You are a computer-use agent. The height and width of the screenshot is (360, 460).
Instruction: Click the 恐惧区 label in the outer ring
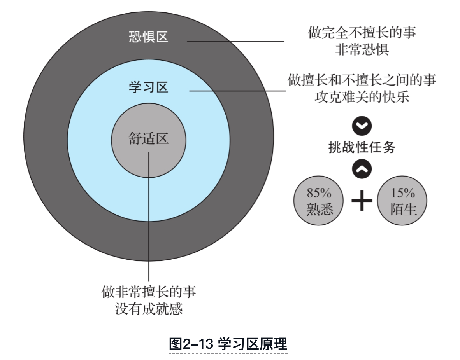[148, 37]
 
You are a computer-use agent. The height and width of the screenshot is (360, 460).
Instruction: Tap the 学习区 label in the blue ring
[148, 87]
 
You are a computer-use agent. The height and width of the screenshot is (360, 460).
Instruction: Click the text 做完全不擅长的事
[362, 33]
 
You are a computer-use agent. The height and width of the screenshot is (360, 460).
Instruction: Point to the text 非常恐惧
[362, 50]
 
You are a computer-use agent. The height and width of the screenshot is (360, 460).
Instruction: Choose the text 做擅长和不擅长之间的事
[362, 80]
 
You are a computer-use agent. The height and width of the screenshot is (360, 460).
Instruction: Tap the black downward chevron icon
[362, 126]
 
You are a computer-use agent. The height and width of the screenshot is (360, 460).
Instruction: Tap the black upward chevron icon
[362, 168]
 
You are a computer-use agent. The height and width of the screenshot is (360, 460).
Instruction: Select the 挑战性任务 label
[362, 147]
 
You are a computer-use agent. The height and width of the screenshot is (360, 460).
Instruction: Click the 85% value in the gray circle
[319, 192]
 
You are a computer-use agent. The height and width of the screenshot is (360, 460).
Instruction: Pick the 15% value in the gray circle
[402, 192]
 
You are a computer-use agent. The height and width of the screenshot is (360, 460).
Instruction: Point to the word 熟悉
[319, 210]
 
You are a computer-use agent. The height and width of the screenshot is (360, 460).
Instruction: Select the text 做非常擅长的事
[149, 292]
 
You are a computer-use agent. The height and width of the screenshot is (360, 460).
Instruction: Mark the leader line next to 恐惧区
[235, 42]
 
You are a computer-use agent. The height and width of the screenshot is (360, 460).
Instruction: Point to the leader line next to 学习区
[237, 91]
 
